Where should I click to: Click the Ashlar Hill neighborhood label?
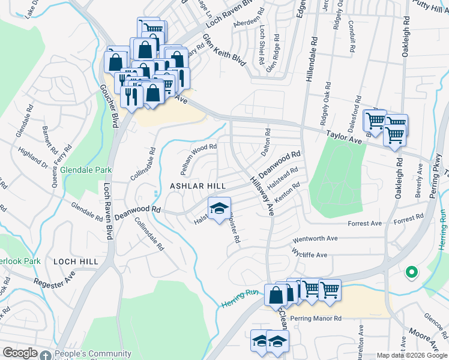point(197,187)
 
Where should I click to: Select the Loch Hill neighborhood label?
point(76,262)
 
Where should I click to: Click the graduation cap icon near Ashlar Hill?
point(219,208)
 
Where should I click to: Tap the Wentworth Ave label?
point(315,238)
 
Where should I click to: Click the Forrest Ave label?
point(365,224)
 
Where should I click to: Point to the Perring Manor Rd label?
point(315,318)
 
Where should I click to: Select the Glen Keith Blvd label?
point(225,50)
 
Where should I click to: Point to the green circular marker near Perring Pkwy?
point(411,272)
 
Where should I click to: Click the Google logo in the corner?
point(20,353)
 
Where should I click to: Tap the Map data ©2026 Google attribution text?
point(411,355)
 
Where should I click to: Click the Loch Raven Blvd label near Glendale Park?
point(109,211)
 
